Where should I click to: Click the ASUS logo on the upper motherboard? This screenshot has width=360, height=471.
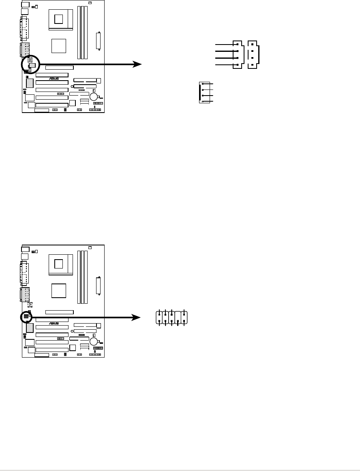click(54, 79)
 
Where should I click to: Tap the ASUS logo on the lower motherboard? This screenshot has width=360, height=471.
click(54, 323)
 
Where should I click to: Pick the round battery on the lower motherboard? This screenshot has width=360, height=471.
click(94, 341)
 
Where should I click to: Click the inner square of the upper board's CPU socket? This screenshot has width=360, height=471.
click(59, 18)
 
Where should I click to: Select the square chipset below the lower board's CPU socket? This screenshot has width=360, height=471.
click(59, 290)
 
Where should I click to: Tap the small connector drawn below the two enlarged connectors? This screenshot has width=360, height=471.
click(201, 92)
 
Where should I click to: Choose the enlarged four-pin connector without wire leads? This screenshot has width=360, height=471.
click(253, 55)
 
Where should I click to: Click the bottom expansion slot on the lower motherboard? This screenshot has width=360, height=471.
click(52, 349)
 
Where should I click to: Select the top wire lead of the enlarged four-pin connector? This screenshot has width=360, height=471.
click(225, 44)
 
